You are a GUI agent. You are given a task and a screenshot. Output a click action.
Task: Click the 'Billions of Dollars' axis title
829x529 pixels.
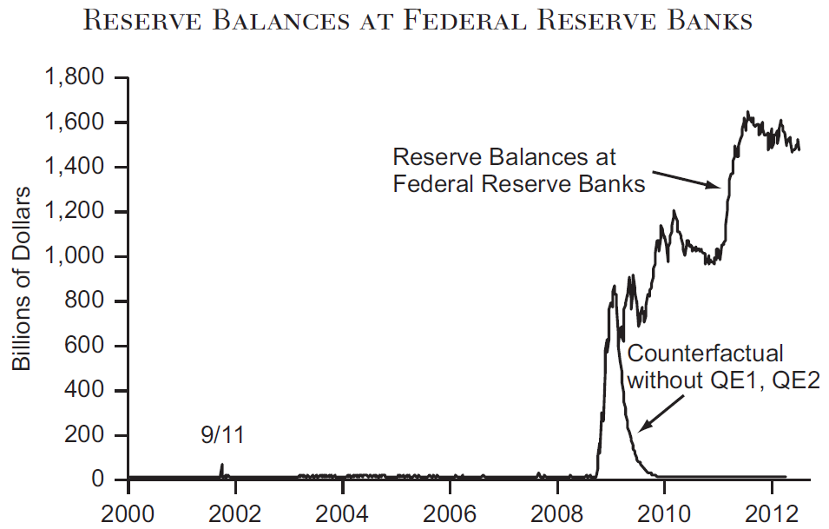pyautogui.click(x=23, y=278)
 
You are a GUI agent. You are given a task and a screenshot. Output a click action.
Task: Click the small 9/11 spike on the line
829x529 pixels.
pyautogui.click(x=221, y=466)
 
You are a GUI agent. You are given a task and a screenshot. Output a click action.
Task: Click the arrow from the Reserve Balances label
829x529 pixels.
pyautogui.click(x=686, y=178)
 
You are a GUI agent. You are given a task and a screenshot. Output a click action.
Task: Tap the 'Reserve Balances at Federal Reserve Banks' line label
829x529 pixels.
pyautogui.click(x=519, y=170)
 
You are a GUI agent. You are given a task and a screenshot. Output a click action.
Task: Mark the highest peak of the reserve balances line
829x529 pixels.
pyautogui.click(x=747, y=112)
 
